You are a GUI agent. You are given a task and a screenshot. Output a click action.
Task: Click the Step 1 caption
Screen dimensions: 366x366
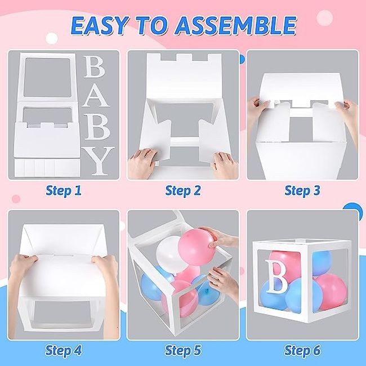pyautogui.click(x=63, y=191)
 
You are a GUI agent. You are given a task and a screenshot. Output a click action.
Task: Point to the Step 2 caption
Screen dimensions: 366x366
pyautogui.click(x=182, y=191)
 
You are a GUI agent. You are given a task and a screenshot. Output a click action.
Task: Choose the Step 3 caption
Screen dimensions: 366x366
pyautogui.click(x=302, y=191)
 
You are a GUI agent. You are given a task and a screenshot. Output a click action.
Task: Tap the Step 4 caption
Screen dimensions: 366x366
pyautogui.click(x=63, y=350)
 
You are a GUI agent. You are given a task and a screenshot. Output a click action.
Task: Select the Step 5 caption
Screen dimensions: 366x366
pyautogui.click(x=182, y=350)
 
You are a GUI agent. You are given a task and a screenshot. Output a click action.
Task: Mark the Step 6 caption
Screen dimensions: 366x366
pyautogui.click(x=302, y=350)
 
